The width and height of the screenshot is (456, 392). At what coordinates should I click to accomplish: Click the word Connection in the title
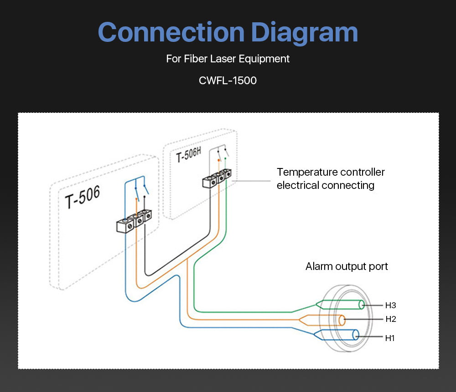[171, 33]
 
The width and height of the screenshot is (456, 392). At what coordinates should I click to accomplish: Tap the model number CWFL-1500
[228, 81]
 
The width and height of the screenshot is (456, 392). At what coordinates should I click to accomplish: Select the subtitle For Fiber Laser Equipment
[228, 59]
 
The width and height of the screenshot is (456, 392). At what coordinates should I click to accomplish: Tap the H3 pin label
[390, 305]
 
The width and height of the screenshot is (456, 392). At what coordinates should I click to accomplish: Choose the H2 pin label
[390, 319]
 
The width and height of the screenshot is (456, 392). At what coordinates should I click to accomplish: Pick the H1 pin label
[389, 338]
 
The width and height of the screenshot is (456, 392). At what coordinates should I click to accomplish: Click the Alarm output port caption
[347, 266]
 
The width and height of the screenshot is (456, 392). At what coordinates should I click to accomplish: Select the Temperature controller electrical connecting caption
[331, 178]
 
